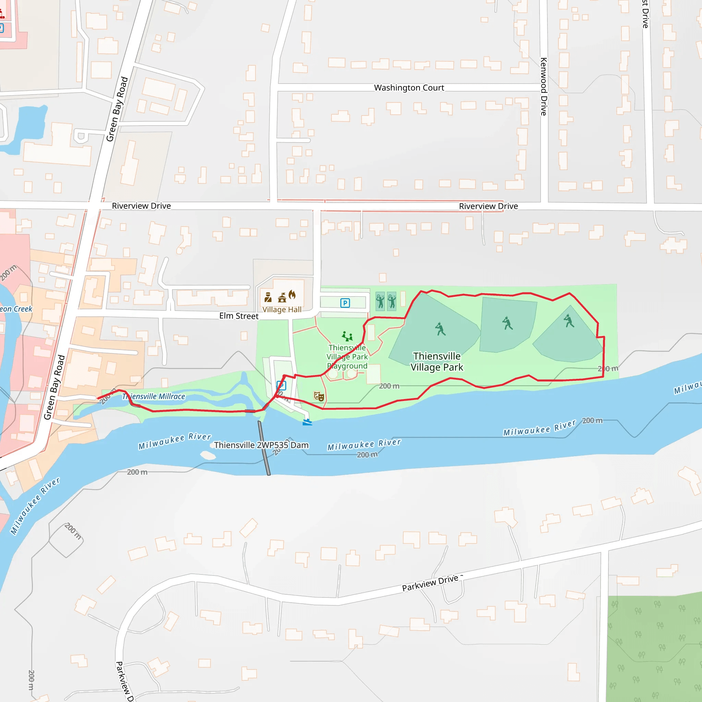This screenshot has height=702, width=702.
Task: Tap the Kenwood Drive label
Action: [x=544, y=86]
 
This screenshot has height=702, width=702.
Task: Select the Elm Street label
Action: [x=239, y=316]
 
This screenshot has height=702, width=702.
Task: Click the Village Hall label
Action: [x=282, y=310]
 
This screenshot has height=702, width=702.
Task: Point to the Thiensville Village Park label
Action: [x=437, y=362]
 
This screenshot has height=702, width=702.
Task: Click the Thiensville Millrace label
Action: [x=154, y=397]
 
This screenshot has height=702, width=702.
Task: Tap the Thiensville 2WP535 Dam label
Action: [x=261, y=445]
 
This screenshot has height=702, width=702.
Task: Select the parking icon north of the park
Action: [x=345, y=303]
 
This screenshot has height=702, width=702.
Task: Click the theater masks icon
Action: [x=319, y=396]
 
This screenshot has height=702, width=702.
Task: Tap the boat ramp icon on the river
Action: [x=307, y=422]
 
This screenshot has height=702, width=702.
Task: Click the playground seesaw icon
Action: [x=347, y=336]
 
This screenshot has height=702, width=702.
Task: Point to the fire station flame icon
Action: [x=292, y=295]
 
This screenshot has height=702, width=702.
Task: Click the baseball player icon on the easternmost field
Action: [x=569, y=321]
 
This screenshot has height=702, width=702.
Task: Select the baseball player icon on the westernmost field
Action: [x=440, y=329]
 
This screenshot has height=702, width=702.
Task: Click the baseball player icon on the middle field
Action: [x=507, y=323]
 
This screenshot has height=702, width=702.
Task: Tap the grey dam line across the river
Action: [x=264, y=448]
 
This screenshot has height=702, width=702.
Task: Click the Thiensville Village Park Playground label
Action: [x=347, y=357]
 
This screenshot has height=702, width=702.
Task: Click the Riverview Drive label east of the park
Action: [x=488, y=206]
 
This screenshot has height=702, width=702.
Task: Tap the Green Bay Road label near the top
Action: [x=117, y=109]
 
